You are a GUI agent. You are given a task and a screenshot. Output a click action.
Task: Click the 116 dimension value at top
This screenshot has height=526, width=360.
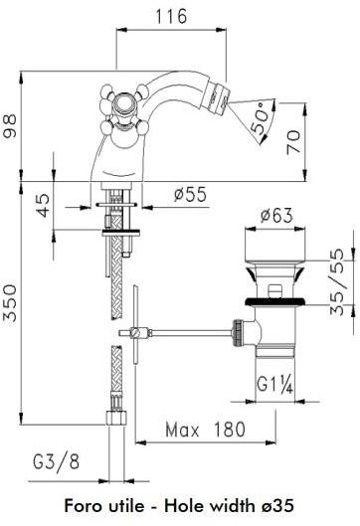171,16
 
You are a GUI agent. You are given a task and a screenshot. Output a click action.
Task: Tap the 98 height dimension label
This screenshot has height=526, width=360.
9,126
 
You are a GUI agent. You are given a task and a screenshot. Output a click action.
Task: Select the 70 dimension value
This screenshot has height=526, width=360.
293,142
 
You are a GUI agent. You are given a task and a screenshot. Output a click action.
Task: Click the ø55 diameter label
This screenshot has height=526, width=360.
190,194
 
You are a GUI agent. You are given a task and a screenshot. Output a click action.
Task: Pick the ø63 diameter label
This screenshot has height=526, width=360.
276,215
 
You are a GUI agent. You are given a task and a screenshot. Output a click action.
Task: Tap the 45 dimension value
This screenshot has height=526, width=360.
43,205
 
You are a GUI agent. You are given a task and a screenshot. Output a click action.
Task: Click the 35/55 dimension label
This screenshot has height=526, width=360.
337,281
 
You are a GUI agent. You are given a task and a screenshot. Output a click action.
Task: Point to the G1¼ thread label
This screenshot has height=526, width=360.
275,385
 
